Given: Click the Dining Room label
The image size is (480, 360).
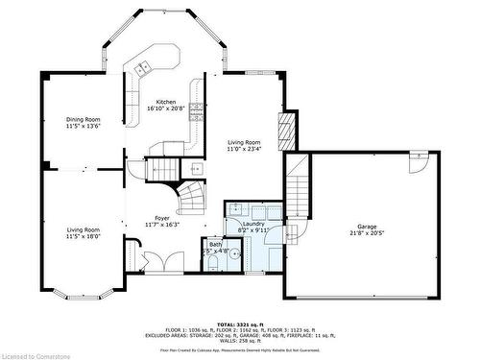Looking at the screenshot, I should coord(83,119).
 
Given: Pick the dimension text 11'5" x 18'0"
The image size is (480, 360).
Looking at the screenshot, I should coord(83,236).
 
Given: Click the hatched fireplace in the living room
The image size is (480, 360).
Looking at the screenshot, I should coord(284,130).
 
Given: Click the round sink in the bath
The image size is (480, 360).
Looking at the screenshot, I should coord(214,256).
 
